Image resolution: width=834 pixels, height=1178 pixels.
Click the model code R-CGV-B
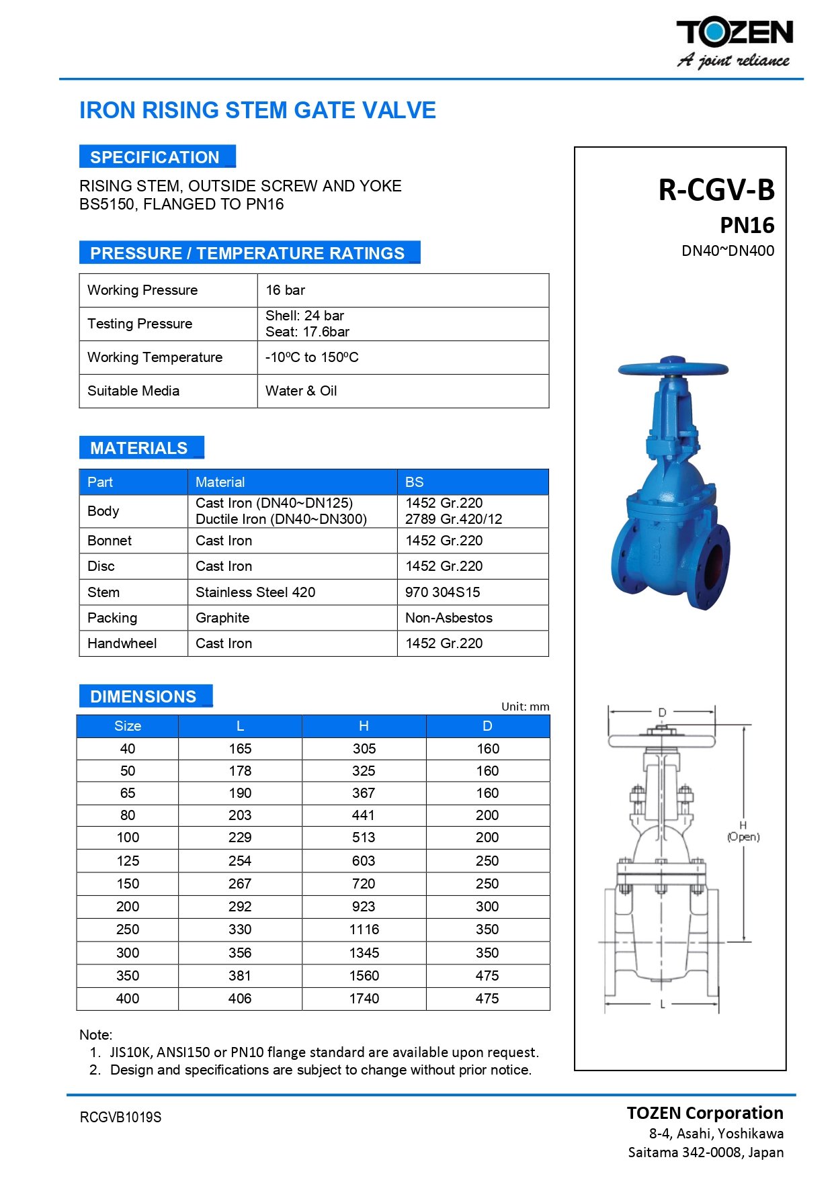(716, 190)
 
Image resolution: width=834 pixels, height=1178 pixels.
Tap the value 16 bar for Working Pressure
(286, 290)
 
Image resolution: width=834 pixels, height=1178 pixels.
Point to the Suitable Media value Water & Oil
(301, 391)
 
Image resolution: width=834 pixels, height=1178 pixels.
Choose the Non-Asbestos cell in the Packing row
(449, 618)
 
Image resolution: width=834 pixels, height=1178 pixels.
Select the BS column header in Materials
(415, 482)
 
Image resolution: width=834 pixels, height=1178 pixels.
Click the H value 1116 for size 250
(364, 930)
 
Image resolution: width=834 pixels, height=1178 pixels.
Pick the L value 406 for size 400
(240, 999)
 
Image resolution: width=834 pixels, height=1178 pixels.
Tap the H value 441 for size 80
(364, 815)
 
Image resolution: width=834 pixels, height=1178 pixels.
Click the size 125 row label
(128, 861)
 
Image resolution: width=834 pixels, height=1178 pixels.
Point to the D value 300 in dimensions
(487, 907)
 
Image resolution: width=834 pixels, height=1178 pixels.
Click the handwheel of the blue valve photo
(673, 368)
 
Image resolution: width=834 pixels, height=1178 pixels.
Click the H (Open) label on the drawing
(743, 831)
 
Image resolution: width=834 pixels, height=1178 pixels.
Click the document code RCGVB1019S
(121, 1118)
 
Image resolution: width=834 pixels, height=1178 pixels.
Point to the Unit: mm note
(525, 707)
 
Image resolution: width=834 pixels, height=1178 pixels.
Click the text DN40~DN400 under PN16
(728, 251)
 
